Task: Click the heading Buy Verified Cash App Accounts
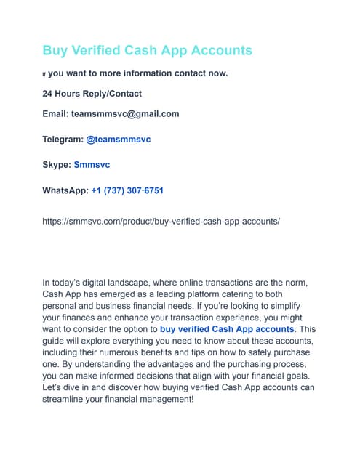click(x=147, y=50)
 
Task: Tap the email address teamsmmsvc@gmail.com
click(x=125, y=114)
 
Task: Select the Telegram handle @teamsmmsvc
click(x=119, y=139)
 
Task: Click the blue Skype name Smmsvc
click(x=92, y=165)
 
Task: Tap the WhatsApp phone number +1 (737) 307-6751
click(x=127, y=190)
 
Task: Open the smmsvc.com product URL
click(x=161, y=220)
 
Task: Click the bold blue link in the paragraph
click(x=227, y=328)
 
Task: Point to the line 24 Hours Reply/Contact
click(x=92, y=94)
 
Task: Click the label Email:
click(x=55, y=114)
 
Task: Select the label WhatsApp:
click(x=65, y=190)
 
